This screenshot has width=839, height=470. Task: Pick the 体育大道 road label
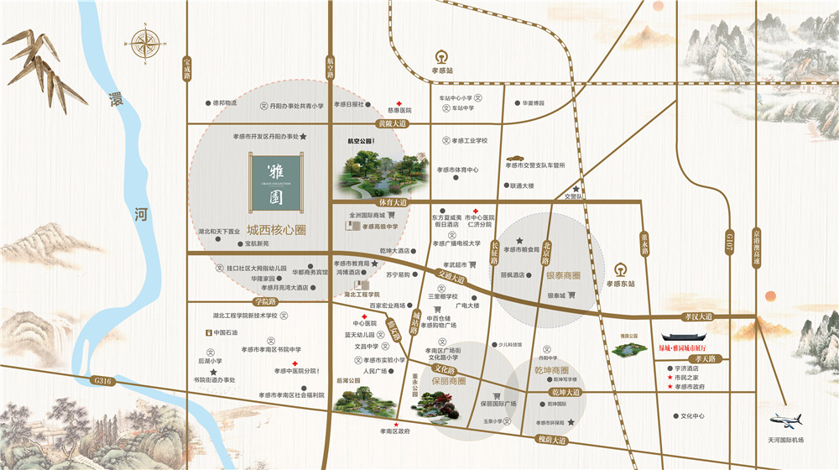pos(392,202)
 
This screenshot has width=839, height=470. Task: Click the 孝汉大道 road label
pos(698,316)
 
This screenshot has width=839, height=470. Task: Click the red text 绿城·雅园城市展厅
pos(691,346)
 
